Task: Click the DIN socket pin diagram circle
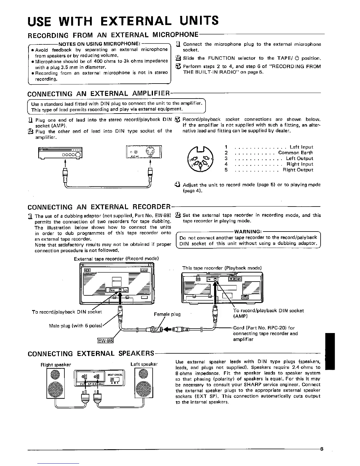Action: tap(200, 159)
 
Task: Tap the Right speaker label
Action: tap(56, 365)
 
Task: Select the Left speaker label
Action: tap(144, 364)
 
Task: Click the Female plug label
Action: tap(167, 314)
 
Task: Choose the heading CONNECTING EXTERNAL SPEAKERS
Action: tap(91, 353)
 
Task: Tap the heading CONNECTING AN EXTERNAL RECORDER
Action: tap(99, 207)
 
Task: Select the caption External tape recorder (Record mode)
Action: tap(116, 259)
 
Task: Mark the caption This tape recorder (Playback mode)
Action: tap(222, 268)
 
